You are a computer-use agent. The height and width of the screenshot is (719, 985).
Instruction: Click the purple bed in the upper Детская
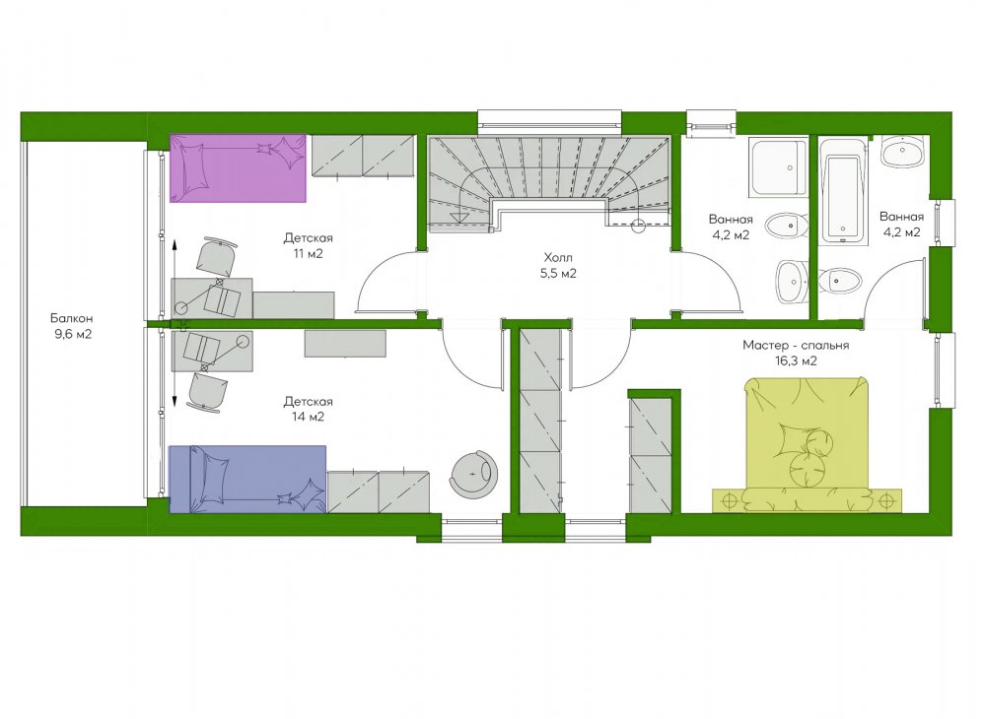(238, 167)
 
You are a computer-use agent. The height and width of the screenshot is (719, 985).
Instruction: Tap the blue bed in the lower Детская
(247, 479)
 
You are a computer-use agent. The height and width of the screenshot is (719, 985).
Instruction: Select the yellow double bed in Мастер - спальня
(807, 445)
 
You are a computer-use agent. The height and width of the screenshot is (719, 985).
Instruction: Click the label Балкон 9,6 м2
(73, 326)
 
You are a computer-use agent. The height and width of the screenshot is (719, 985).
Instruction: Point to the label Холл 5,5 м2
(558, 265)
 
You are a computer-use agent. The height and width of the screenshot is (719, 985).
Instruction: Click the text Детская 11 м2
(308, 246)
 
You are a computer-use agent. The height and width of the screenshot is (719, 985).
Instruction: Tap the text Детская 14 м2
(308, 409)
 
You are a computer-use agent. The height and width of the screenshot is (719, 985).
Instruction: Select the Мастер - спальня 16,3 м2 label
(796, 353)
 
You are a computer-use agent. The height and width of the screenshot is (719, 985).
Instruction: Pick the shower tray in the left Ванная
(778, 168)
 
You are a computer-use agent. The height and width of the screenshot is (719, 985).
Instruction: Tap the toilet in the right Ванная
(840, 281)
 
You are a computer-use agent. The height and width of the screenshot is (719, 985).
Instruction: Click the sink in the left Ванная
(791, 283)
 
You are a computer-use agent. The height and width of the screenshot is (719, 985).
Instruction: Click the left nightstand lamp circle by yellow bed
(730, 500)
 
